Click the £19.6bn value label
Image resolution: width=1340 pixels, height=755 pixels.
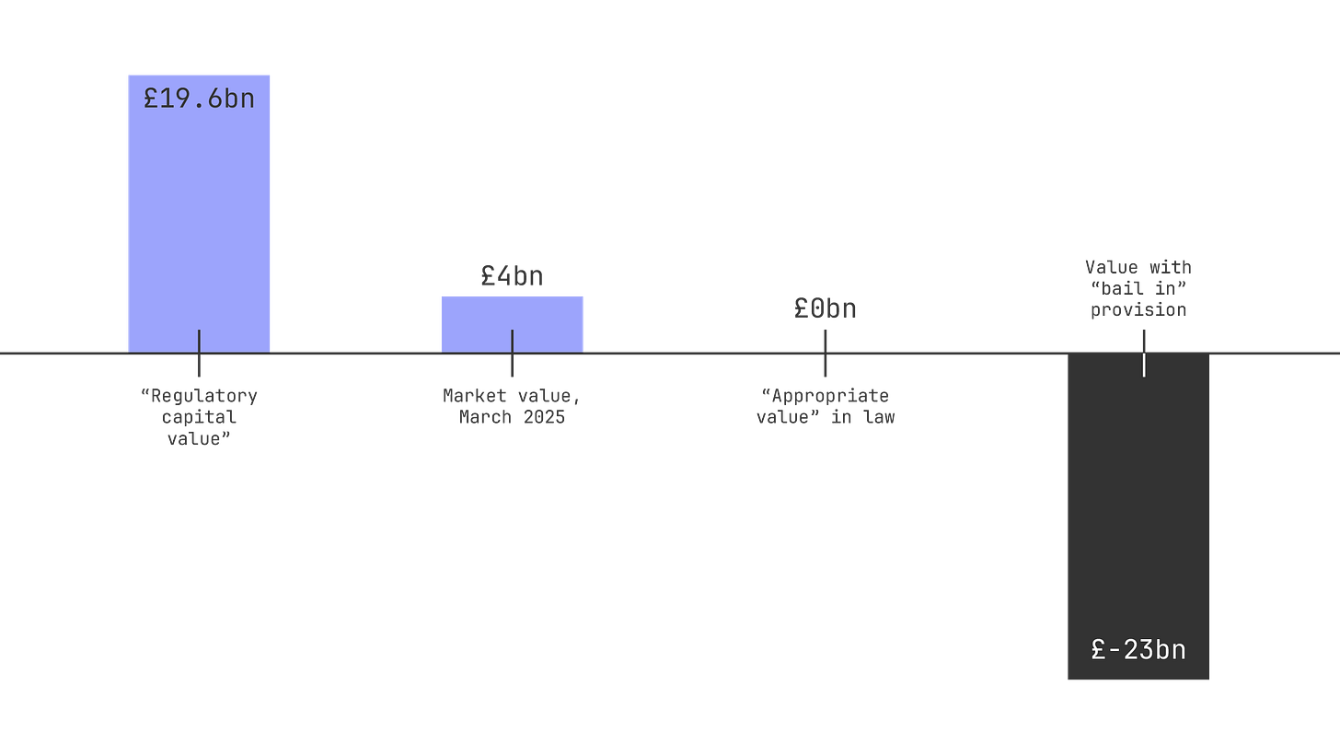(199, 99)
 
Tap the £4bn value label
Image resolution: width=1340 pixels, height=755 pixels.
(512, 276)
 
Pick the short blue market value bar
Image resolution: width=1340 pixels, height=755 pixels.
(479, 322)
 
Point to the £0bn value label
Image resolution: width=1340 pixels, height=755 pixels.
(825, 309)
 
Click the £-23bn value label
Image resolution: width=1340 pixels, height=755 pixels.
(1138, 650)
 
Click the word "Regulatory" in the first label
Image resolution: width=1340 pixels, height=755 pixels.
(199, 397)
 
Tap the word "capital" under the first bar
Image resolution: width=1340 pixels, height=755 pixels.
(199, 417)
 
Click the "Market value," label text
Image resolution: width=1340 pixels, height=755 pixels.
(512, 397)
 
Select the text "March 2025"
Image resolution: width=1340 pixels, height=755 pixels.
(512, 417)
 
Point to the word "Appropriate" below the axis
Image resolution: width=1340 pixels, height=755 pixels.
(826, 397)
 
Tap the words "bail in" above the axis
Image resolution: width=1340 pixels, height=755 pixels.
(1138, 289)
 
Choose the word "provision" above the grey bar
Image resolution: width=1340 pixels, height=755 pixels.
(1138, 310)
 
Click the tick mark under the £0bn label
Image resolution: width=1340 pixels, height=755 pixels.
(825, 354)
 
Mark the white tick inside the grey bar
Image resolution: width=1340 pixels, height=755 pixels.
(1144, 365)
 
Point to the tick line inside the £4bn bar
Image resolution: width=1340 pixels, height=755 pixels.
(512, 341)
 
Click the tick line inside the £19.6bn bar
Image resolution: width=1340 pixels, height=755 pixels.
(199, 341)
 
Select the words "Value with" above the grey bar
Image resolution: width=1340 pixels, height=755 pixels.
(1138, 268)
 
